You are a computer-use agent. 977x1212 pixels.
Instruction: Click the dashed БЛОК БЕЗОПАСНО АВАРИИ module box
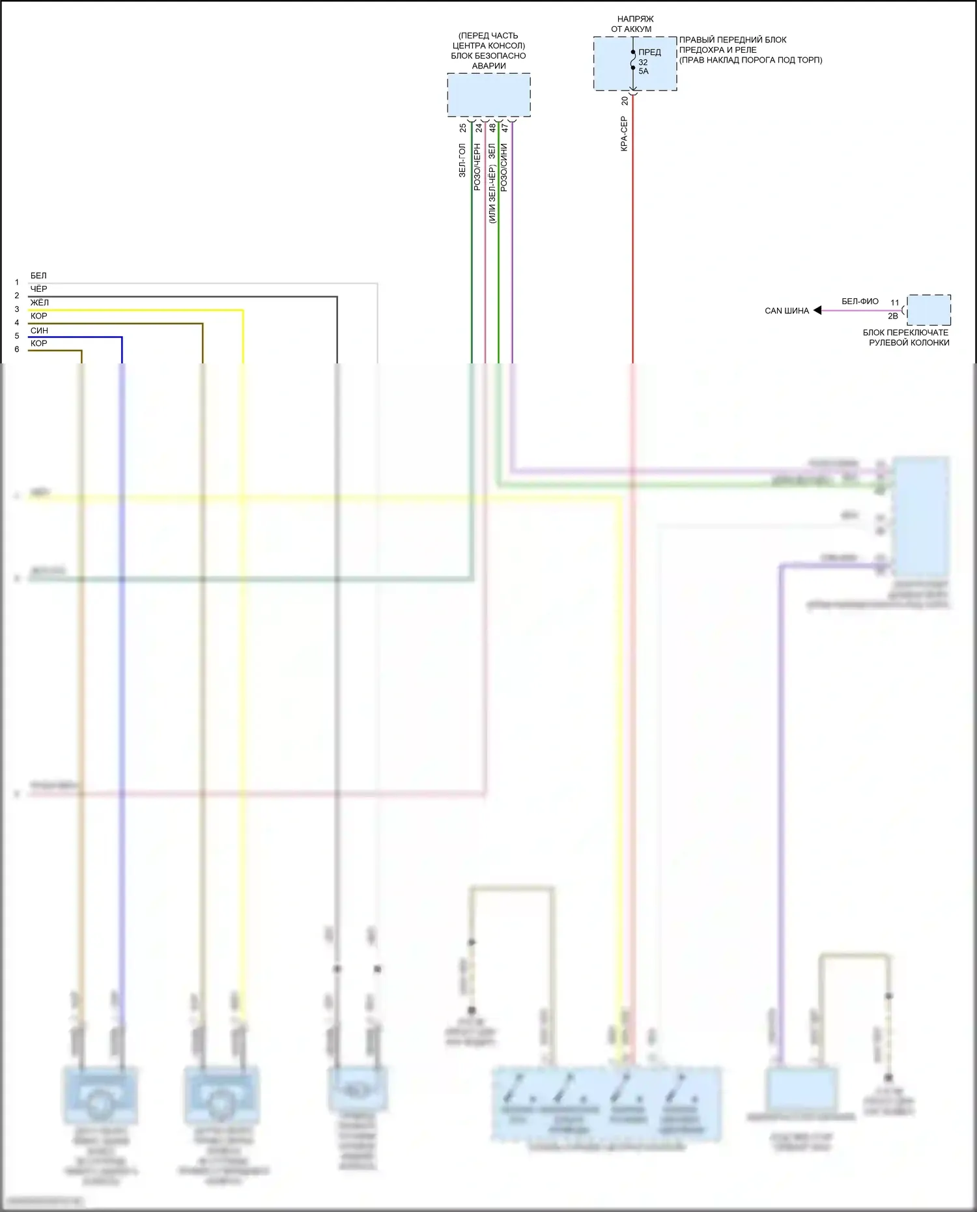[488, 95]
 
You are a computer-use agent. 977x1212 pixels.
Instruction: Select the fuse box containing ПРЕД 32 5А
[634, 63]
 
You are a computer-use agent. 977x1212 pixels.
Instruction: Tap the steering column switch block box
[929, 310]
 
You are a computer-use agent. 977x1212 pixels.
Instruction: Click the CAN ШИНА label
[786, 311]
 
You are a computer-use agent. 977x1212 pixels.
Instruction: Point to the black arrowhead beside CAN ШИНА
[817, 311]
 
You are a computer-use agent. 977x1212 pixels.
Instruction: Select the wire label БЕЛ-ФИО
[860, 302]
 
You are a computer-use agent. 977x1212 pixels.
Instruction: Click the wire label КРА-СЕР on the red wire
[624, 134]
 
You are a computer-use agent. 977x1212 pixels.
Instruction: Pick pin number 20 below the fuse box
[625, 101]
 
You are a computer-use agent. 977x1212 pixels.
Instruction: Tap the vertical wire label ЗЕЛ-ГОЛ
[462, 161]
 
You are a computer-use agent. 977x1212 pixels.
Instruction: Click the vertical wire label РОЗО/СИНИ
[503, 167]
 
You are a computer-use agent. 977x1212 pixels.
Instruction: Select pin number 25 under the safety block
[463, 128]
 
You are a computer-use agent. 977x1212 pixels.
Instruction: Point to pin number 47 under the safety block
[504, 128]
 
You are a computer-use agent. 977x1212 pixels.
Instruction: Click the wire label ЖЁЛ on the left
[39, 303]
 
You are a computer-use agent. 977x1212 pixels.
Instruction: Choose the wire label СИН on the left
[39, 330]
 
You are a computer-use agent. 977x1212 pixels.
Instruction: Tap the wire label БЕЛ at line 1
[38, 275]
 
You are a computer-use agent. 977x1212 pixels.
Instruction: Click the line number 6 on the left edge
[17, 350]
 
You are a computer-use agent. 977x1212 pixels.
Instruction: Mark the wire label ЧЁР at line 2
[38, 289]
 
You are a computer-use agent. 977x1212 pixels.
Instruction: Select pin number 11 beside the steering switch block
[895, 303]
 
